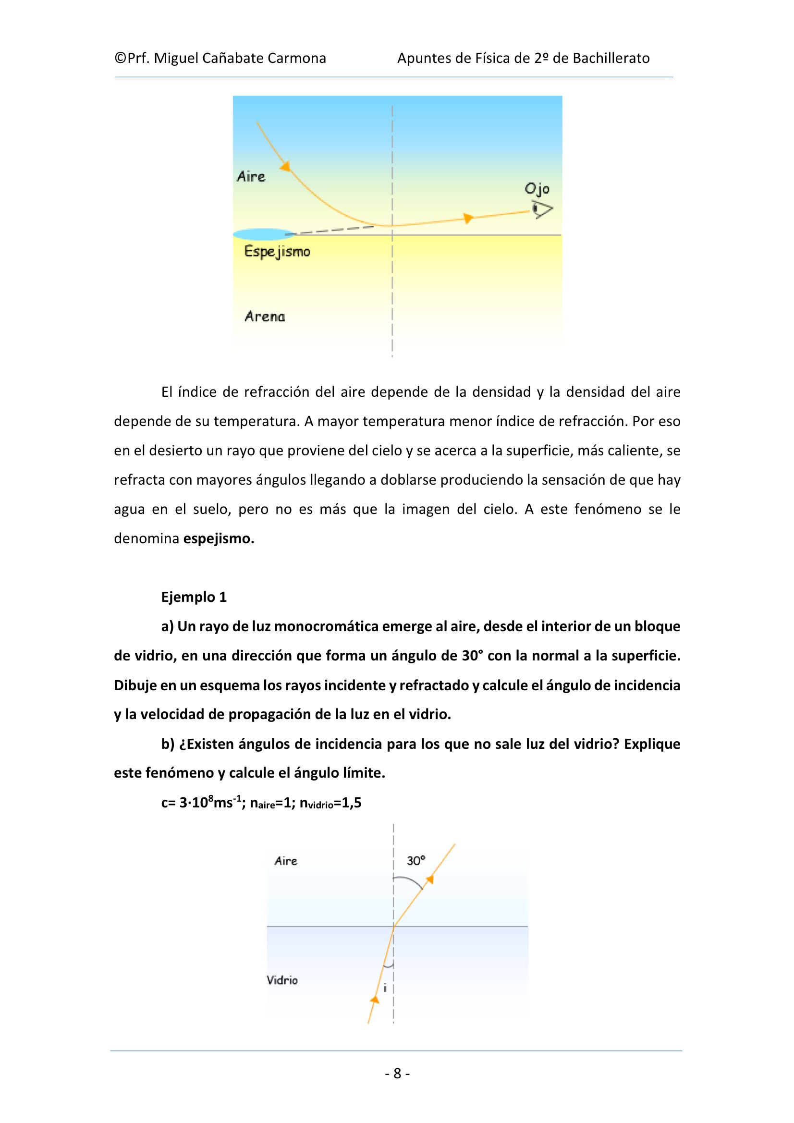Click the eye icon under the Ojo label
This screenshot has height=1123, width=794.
click(x=542, y=209)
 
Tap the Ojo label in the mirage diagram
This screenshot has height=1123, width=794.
click(x=537, y=189)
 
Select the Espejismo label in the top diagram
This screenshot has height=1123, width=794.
click(x=277, y=251)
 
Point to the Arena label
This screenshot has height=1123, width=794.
click(x=265, y=317)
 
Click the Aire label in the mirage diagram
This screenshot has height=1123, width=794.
click(x=251, y=177)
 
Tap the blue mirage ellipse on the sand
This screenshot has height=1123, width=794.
click(x=263, y=234)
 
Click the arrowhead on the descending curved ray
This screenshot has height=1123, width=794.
click(x=285, y=166)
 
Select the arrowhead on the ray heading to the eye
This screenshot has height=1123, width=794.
click(x=468, y=218)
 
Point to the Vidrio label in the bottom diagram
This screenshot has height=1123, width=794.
click(x=282, y=980)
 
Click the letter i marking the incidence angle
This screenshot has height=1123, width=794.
click(x=385, y=989)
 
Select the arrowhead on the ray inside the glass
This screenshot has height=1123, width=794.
click(x=375, y=999)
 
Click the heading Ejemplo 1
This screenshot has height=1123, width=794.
click(x=194, y=597)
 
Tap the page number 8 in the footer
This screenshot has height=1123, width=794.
click(x=397, y=1073)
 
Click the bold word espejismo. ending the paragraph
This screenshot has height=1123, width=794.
click(x=219, y=538)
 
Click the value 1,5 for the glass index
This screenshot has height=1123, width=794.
click(x=351, y=803)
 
